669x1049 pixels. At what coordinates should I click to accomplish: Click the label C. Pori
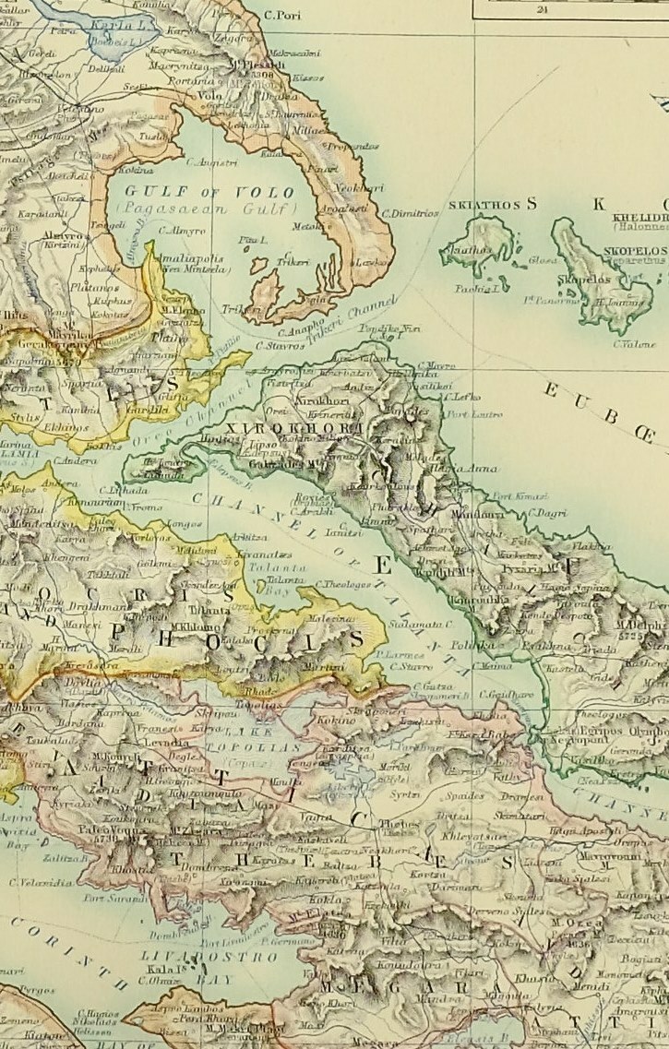pyautogui.click(x=282, y=15)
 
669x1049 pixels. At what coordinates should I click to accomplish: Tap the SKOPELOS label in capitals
pyautogui.click(x=635, y=250)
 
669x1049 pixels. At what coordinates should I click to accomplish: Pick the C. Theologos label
pyautogui.click(x=343, y=583)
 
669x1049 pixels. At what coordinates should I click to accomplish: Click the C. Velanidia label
pyautogui.click(x=42, y=882)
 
